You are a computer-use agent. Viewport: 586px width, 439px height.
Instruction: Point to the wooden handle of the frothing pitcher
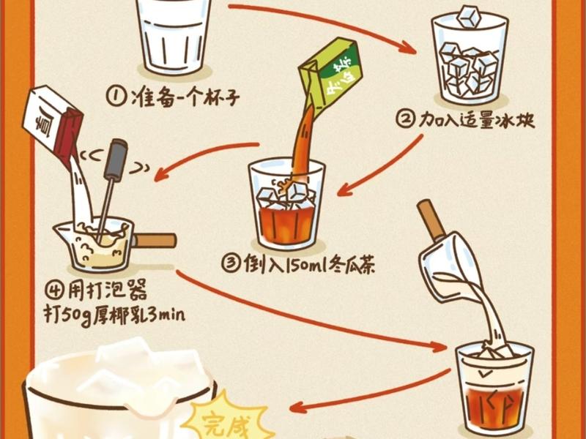(x=155, y=240)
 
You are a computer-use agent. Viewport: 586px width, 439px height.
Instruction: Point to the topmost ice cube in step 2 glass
(x=470, y=15)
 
